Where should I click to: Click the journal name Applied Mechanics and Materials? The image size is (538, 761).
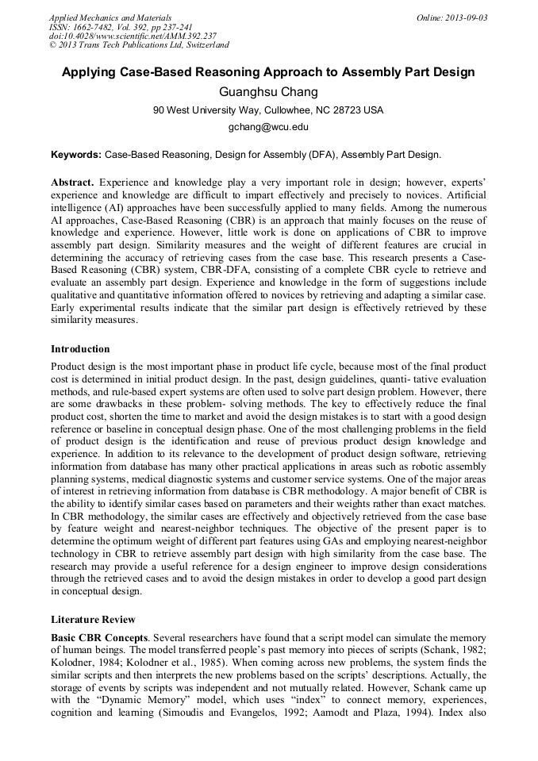(x=110, y=17)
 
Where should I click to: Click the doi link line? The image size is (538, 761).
(x=133, y=36)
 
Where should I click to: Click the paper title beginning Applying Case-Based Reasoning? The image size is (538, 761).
(x=268, y=72)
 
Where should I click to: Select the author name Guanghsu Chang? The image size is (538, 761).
(x=268, y=92)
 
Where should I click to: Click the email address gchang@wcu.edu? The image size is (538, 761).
(x=268, y=127)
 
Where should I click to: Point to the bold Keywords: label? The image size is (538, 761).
(x=76, y=155)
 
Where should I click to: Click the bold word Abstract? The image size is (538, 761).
(x=72, y=183)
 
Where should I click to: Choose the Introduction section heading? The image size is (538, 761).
(x=80, y=349)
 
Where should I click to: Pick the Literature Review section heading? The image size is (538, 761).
(x=93, y=619)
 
